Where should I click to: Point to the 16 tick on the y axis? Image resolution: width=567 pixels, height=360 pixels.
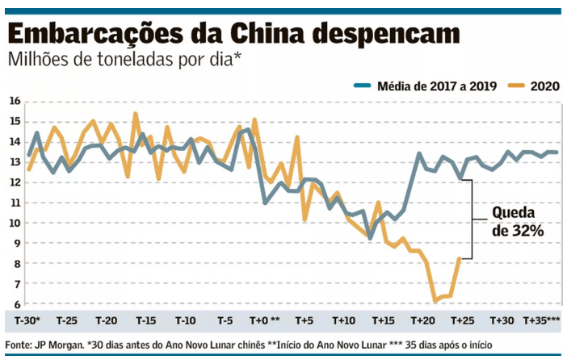click(x=14, y=101)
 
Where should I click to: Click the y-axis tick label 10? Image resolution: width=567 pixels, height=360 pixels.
click(x=14, y=223)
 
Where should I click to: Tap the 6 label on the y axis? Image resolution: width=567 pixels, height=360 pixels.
click(x=15, y=304)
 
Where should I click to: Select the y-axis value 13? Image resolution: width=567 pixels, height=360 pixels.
click(x=14, y=161)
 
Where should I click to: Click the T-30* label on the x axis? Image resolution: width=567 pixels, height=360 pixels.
click(x=28, y=320)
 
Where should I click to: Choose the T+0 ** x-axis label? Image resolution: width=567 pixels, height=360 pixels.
click(x=264, y=320)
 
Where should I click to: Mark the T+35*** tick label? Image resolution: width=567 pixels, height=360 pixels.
click(x=542, y=320)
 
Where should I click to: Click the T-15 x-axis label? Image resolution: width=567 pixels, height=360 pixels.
click(x=145, y=320)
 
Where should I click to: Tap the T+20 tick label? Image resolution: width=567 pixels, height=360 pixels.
click(x=422, y=320)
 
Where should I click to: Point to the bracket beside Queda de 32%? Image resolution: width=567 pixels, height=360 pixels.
click(x=472, y=219)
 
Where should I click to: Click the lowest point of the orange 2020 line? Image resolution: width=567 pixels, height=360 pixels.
click(x=435, y=301)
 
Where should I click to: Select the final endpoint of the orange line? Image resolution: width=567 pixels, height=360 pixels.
click(x=460, y=258)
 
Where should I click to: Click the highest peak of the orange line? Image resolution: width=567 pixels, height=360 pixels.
click(x=135, y=113)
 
